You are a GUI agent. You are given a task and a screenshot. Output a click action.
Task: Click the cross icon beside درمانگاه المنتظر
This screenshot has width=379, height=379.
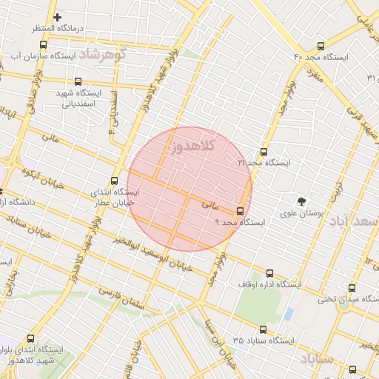[x=57, y=17]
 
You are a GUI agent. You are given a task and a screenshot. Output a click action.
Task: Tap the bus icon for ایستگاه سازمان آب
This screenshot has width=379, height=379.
[x=42, y=44]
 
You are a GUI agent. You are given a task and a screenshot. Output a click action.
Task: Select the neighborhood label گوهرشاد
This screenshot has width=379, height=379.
[x=103, y=55]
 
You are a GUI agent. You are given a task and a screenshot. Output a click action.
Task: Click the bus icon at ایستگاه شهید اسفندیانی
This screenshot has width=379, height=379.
[x=78, y=82]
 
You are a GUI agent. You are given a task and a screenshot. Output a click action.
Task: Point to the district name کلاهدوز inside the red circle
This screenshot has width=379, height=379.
[x=191, y=146]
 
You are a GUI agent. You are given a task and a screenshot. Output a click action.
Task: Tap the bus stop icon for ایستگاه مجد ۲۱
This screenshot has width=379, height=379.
[x=264, y=152]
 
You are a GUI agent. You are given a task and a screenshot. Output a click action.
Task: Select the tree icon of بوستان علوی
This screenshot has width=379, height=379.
[x=301, y=201]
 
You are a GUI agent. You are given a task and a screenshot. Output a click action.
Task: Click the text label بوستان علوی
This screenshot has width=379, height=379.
[x=302, y=214]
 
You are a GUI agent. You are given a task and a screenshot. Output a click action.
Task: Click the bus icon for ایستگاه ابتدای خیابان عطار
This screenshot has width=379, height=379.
[x=114, y=181]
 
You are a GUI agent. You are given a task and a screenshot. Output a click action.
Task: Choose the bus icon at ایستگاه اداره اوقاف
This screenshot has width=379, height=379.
[x=269, y=273]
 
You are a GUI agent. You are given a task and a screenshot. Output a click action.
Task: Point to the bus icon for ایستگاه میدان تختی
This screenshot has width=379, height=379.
[x=351, y=289]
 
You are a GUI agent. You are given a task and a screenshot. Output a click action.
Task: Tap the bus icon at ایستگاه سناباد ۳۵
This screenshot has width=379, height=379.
[x=262, y=329]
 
